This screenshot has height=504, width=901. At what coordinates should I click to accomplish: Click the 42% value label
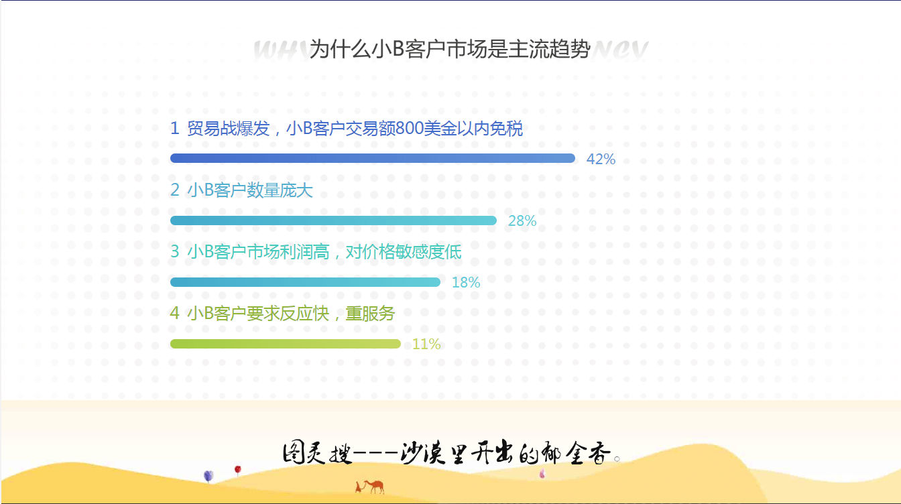(x=601, y=159)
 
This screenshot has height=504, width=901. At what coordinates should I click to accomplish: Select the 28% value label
(x=522, y=221)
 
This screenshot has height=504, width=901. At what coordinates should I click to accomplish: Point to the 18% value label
(x=466, y=283)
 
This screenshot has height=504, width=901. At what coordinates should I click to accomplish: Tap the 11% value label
(x=426, y=344)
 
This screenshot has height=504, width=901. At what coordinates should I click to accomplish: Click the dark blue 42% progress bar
(x=372, y=158)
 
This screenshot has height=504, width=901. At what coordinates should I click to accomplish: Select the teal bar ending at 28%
(x=333, y=220)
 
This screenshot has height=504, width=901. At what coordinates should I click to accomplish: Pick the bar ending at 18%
(x=305, y=282)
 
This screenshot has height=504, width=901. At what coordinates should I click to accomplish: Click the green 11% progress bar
(x=285, y=344)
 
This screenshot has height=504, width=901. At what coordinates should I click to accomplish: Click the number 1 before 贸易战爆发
(x=175, y=129)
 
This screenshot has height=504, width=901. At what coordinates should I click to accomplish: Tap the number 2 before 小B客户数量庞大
(x=175, y=190)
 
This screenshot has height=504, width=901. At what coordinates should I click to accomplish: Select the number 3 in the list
(x=175, y=252)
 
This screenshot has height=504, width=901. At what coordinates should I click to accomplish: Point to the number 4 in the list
(x=175, y=313)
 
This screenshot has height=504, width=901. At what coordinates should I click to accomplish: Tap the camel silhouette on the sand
(x=371, y=486)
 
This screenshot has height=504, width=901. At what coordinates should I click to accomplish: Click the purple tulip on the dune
(x=208, y=476)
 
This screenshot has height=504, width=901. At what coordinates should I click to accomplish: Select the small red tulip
(x=237, y=470)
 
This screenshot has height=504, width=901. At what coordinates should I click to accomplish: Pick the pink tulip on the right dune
(x=542, y=473)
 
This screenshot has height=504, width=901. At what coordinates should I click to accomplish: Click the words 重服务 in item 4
(x=370, y=313)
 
